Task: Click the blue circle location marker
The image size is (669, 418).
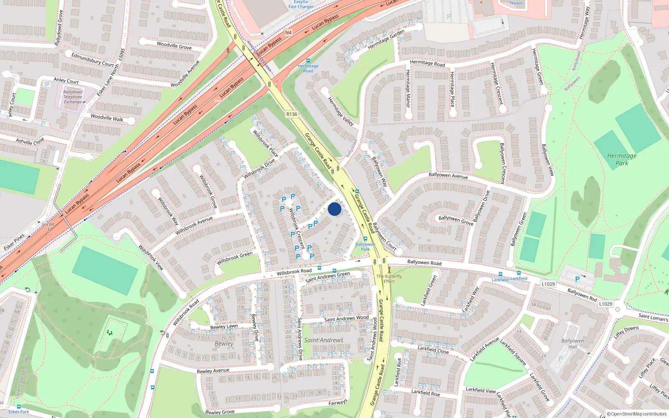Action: pyautogui.click(x=334, y=209)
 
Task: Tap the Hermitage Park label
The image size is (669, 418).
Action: pyautogui.click(x=621, y=159)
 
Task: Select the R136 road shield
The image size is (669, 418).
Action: pyautogui.click(x=292, y=114)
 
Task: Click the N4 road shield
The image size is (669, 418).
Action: pyautogui.click(x=288, y=33)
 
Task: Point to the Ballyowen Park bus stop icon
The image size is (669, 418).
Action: pyautogui.click(x=365, y=239)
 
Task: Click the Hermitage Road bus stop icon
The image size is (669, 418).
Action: pyautogui.click(x=308, y=61)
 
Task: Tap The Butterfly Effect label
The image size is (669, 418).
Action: pyautogui.click(x=389, y=278)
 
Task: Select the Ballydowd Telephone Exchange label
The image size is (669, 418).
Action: pyautogui.click(x=73, y=97)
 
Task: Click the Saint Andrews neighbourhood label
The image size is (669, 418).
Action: pyautogui.click(x=324, y=340)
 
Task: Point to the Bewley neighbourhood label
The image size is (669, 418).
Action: pyautogui.click(x=224, y=344)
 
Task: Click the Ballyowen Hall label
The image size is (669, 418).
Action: pyautogui.click(x=572, y=344)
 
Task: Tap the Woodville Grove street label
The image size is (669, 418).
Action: pyautogui.click(x=174, y=46)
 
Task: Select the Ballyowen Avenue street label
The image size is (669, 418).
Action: pyautogui.click(x=448, y=176)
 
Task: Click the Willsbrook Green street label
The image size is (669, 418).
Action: pyautogui.click(x=235, y=258)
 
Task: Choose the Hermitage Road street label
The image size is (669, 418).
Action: pyautogui.click(x=427, y=63)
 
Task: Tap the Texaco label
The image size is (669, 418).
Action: pyautogui.click(x=516, y=3)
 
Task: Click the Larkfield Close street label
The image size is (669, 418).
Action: pyautogui.click(x=433, y=349)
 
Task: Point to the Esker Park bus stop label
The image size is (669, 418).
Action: pyautogui.click(x=19, y=412)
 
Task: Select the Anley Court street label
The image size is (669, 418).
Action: pyautogui.click(x=66, y=80)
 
